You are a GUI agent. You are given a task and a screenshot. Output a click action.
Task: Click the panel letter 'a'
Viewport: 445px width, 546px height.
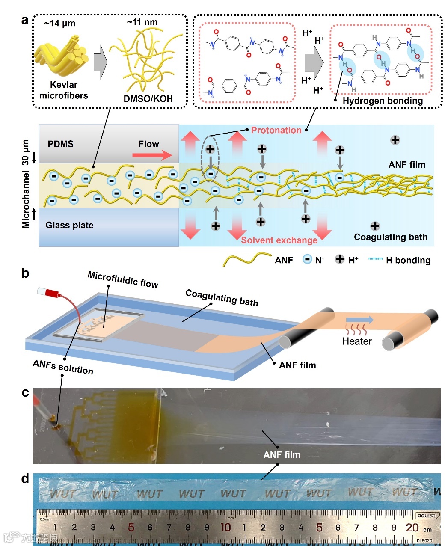pyautogui.click(x=25, y=20)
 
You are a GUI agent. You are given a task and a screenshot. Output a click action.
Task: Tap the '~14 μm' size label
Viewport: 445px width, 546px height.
pyautogui.click(x=59, y=23)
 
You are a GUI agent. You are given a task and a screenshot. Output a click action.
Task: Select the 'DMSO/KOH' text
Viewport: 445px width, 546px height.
pyautogui.click(x=148, y=99)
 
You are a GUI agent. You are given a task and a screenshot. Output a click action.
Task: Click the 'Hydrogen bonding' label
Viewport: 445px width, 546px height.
pyautogui.click(x=383, y=101)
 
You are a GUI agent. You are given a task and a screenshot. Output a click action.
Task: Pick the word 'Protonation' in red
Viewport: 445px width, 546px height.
pyautogui.click(x=276, y=130)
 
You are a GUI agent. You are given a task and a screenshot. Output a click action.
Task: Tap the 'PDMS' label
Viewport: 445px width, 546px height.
pyautogui.click(x=60, y=144)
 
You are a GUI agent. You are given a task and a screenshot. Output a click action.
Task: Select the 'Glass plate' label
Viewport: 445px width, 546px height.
pyautogui.click(x=69, y=225)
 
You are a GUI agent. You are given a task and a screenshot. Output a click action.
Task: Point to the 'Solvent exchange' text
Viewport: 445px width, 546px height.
pyautogui.click(x=279, y=240)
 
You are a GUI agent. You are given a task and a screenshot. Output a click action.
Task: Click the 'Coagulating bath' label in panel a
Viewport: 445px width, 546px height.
pyautogui.click(x=390, y=237)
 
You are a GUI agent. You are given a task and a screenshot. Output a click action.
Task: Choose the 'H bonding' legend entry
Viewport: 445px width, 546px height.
pyautogui.click(x=408, y=260)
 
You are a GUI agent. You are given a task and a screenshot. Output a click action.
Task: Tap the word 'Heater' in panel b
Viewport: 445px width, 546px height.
pyautogui.click(x=356, y=341)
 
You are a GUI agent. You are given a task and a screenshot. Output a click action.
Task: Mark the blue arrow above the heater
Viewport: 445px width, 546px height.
pyautogui.click(x=359, y=320)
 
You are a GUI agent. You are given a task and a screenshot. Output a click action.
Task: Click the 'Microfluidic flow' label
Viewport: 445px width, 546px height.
pyautogui.click(x=123, y=279)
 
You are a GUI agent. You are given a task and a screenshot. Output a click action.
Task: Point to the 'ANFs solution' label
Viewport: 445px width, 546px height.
pyautogui.click(x=63, y=367)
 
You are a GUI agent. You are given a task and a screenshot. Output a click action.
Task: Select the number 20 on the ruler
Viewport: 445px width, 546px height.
pyautogui.click(x=412, y=527)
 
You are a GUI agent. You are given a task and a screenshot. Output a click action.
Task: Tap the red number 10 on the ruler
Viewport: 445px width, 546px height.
pyautogui.click(x=225, y=527)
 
